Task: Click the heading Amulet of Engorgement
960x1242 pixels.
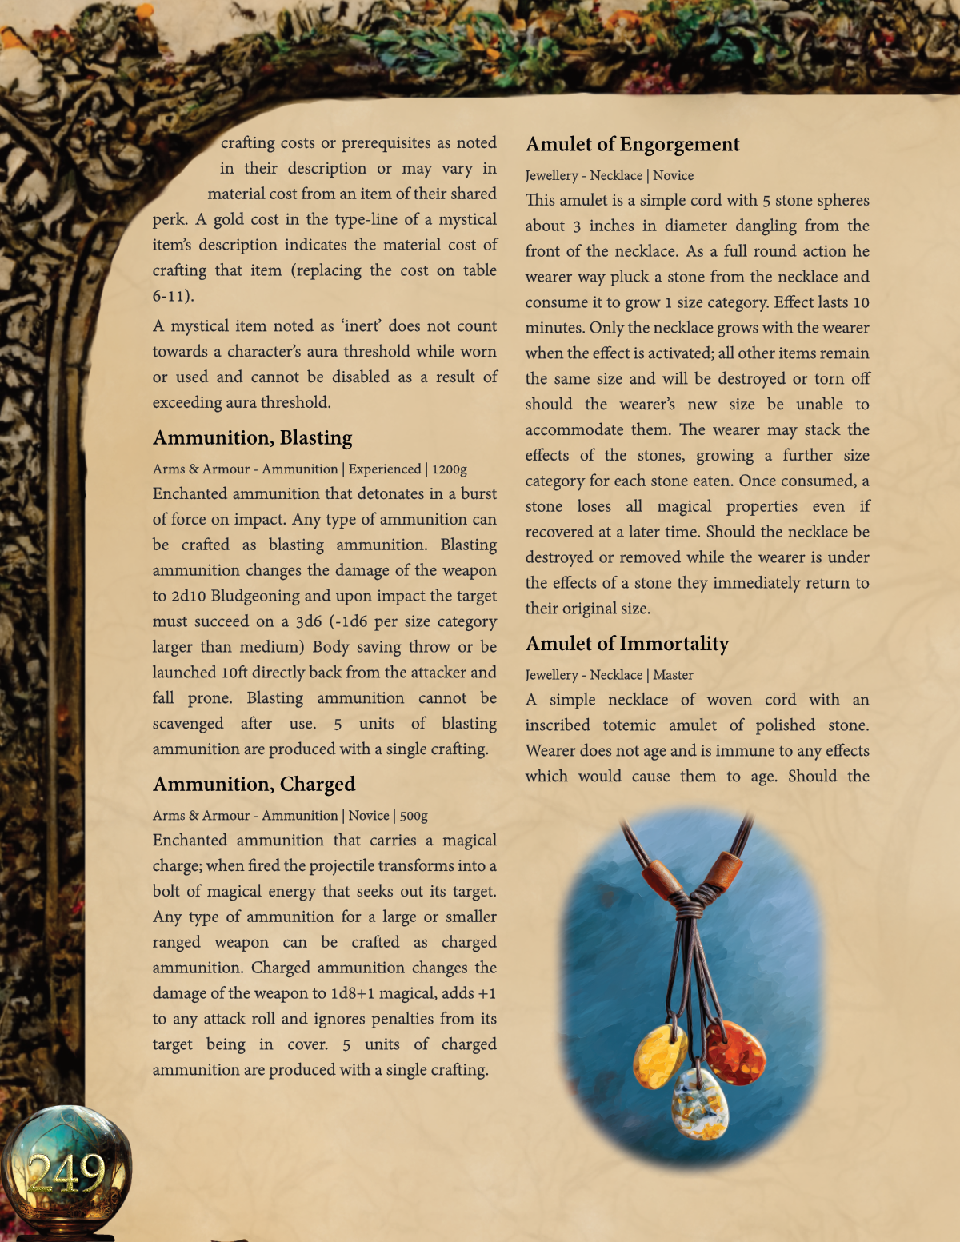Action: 632,144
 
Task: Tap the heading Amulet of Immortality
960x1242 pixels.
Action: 626,644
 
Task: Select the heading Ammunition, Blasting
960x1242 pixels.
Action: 252,437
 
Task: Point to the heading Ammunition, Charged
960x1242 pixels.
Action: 254,784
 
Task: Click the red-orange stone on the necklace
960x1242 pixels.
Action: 735,1052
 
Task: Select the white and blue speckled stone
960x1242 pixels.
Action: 700,1104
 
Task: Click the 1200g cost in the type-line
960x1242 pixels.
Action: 449,469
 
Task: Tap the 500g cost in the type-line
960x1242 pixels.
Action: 414,816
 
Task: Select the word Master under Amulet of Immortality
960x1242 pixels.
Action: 673,675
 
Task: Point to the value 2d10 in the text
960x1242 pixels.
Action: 189,596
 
